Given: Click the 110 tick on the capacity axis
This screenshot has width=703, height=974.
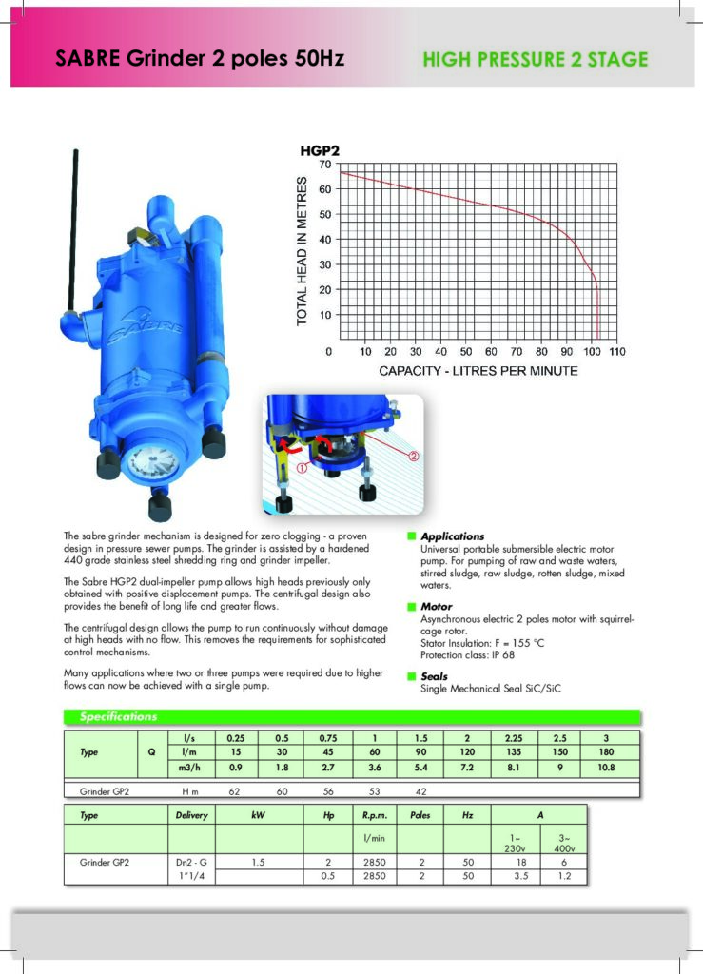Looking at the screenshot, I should point(616,352).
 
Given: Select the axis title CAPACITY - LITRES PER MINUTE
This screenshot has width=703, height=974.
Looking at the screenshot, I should point(478,371).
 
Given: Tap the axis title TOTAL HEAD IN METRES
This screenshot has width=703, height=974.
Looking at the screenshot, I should point(303,251).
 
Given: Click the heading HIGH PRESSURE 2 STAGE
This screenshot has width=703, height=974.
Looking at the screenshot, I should point(535,60).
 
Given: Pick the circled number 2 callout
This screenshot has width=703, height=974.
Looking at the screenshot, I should point(415,456).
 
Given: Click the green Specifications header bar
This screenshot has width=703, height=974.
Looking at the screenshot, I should point(352,716).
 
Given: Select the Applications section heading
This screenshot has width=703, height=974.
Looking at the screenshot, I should point(452,536).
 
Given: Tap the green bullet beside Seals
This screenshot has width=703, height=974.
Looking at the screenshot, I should point(411,676).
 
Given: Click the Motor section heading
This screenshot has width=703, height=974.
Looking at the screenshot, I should point(437,606).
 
